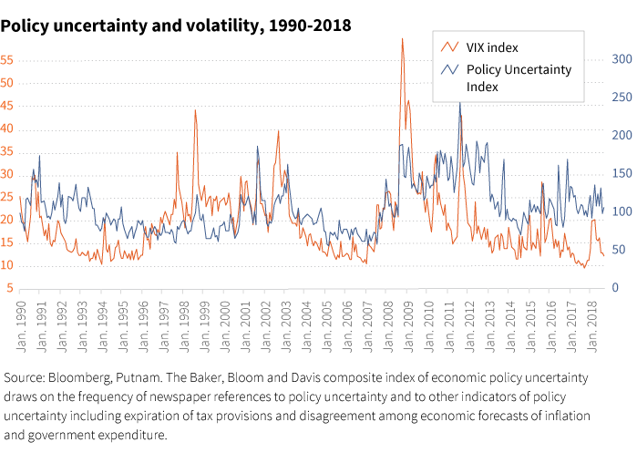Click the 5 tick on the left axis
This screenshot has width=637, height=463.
9,288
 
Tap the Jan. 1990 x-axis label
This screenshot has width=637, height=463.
20,332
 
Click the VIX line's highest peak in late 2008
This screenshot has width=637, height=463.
402,39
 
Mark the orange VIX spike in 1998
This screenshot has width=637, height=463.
195,110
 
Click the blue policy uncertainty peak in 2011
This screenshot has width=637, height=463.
459,103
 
